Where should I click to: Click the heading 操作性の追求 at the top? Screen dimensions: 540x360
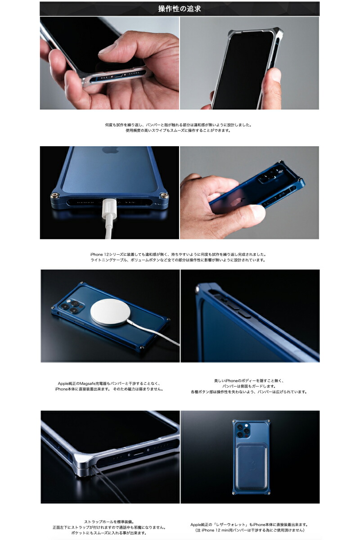click(180, 9)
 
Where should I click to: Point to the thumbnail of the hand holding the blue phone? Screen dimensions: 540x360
click(249, 193)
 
